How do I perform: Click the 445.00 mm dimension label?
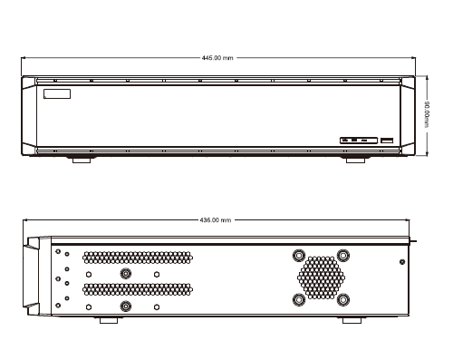tap(217, 58)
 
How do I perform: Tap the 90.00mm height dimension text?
tap(427, 114)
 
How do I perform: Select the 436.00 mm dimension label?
tap(216, 220)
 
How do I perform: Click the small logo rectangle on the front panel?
tap(57, 93)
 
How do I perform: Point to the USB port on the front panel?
tap(387, 141)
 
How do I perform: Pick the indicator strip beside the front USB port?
tap(359, 141)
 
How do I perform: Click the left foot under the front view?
tap(82, 160)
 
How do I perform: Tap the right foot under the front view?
tap(355, 160)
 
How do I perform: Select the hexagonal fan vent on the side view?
tap(321, 277)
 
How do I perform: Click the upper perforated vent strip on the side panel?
tap(138, 258)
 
